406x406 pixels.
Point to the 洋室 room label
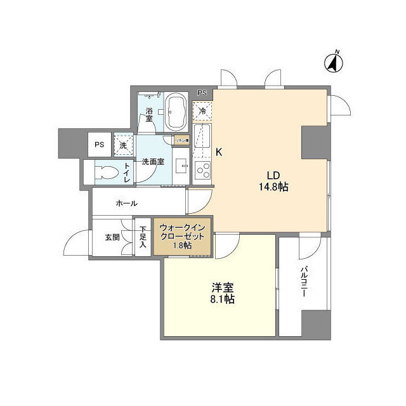[x=222, y=286]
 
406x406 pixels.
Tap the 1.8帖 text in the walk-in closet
[x=183, y=246]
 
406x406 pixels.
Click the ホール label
[x=127, y=204]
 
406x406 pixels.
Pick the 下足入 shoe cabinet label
[x=143, y=237]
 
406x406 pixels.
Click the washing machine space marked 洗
[x=123, y=145]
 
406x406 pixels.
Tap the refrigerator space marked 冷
[x=202, y=110]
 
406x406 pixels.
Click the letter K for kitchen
[x=219, y=152]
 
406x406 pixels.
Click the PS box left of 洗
[x=100, y=145]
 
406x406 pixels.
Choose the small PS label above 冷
[x=202, y=93]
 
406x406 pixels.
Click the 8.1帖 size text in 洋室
[x=222, y=299]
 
